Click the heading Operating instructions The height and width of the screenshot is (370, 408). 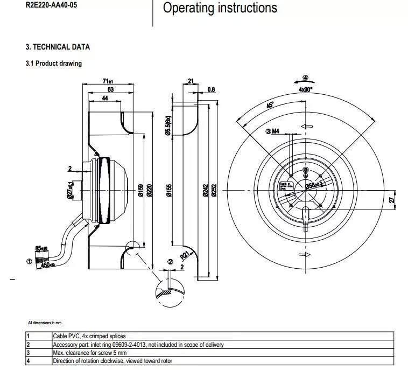coord(220,8)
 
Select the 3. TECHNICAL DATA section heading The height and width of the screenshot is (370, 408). coord(58,47)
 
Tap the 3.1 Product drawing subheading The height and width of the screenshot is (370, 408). coord(54,63)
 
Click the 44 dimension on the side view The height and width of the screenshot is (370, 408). coord(104,98)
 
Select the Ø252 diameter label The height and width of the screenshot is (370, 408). coord(214,190)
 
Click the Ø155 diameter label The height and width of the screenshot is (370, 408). coord(168,190)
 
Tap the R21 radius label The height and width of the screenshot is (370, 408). coord(185,255)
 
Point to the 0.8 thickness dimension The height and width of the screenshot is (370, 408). coord(211,89)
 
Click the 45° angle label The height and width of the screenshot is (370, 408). coord(270,106)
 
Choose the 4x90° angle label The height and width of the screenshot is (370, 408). coord(306,89)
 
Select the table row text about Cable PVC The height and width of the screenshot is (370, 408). coord(89,336)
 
